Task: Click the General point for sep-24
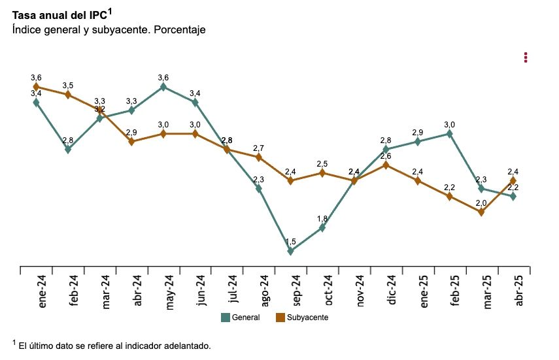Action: tap(290, 251)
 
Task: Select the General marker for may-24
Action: tap(163, 86)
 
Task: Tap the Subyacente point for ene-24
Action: tap(36, 86)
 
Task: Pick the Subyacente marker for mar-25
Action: tap(482, 212)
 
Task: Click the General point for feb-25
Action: tap(450, 133)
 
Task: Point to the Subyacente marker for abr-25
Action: tap(513, 180)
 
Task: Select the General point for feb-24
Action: tap(68, 149)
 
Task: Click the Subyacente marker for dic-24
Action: tap(386, 165)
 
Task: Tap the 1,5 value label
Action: tap(290, 242)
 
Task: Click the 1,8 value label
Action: tap(322, 218)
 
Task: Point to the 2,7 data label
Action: tap(258, 148)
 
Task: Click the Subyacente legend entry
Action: tap(301, 318)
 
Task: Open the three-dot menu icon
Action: tap(526, 57)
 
